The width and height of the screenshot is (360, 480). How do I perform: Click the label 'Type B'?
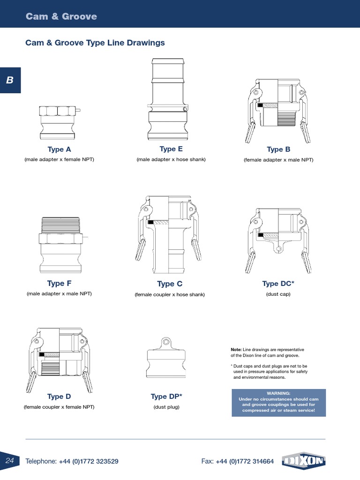point(278,150)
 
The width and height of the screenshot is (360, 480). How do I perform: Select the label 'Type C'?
point(170,284)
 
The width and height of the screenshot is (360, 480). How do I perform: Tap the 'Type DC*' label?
point(278,284)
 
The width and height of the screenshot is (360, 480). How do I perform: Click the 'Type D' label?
point(59,397)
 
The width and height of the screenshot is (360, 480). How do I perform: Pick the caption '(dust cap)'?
point(278,294)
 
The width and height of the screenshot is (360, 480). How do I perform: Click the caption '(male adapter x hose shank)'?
point(171,160)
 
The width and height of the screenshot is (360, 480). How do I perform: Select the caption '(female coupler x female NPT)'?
point(59,407)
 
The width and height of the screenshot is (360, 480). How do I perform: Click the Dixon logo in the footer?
point(304,461)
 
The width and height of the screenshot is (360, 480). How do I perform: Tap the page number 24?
point(10,461)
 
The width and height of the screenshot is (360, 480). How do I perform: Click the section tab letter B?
point(9,80)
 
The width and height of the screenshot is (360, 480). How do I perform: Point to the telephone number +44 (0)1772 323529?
point(89,461)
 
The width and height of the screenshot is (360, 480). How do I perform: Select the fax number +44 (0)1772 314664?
point(245,461)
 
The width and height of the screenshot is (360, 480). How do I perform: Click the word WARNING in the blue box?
point(278,393)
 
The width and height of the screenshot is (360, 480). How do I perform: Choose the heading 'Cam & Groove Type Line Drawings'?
point(95,43)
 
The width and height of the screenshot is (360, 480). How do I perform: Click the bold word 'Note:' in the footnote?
point(236,350)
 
